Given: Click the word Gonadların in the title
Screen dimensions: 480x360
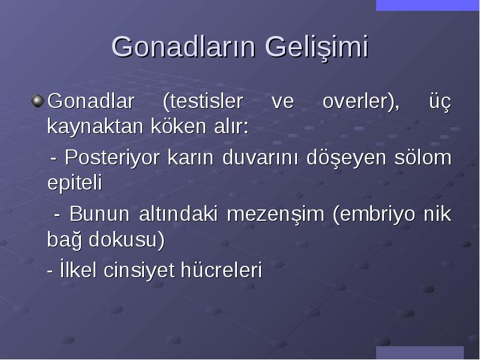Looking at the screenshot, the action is pyautogui.click(x=183, y=47).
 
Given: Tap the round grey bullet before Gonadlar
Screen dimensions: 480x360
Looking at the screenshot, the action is pyautogui.click(x=38, y=101).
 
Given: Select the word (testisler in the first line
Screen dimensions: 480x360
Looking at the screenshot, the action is pyautogui.click(x=203, y=101).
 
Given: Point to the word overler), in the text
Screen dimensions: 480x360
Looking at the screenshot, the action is pyautogui.click(x=361, y=101).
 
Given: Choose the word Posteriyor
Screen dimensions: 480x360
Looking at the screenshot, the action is pyautogui.click(x=112, y=158).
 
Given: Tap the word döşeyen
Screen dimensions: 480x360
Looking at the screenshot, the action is pyautogui.click(x=346, y=158).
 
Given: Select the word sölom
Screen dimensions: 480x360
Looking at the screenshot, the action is pyautogui.click(x=423, y=157).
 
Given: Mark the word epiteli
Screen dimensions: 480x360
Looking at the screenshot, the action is pyautogui.click(x=74, y=183).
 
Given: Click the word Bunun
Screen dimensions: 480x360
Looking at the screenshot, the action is pyautogui.click(x=100, y=214).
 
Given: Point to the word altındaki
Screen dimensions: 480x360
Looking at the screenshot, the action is pyautogui.click(x=178, y=214).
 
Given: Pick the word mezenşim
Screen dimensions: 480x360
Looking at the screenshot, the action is pyautogui.click(x=275, y=214).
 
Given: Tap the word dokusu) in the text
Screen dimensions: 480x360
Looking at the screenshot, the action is pyautogui.click(x=127, y=239).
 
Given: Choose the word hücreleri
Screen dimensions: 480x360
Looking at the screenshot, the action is pyautogui.click(x=221, y=270).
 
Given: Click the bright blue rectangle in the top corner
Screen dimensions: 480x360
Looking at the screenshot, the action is pyautogui.click(x=427, y=5).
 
